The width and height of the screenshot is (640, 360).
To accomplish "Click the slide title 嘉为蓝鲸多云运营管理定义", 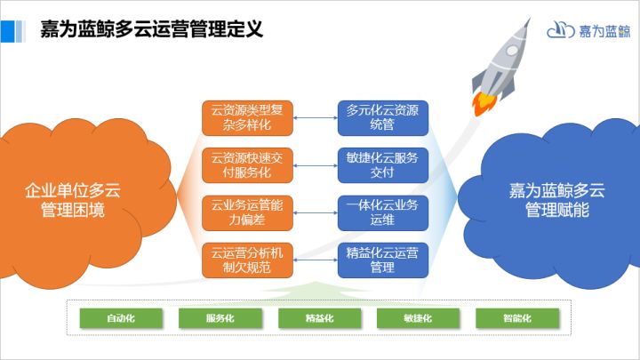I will (152, 29).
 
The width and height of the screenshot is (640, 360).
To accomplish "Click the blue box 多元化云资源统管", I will (383, 118).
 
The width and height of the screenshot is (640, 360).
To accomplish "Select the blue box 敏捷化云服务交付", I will (383, 165).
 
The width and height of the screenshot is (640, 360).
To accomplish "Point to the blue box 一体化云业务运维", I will (383, 212).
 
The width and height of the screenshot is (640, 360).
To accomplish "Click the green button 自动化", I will (121, 318).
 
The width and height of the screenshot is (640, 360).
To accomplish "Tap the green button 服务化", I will (220, 318).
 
